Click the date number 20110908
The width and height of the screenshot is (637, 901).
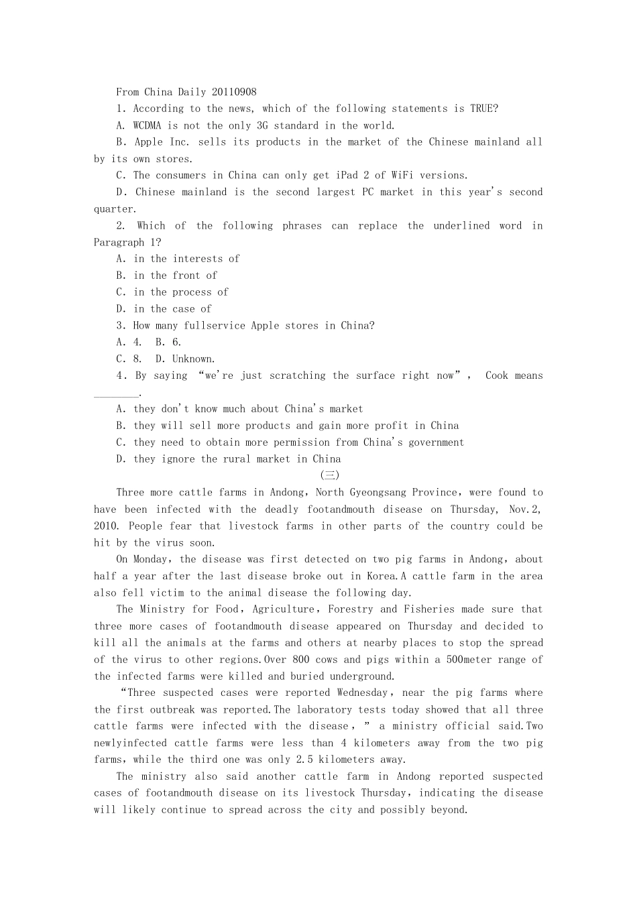234,92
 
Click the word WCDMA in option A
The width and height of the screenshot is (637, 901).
148,125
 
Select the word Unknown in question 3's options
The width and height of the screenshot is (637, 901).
194,359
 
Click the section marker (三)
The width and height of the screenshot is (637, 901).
330,475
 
